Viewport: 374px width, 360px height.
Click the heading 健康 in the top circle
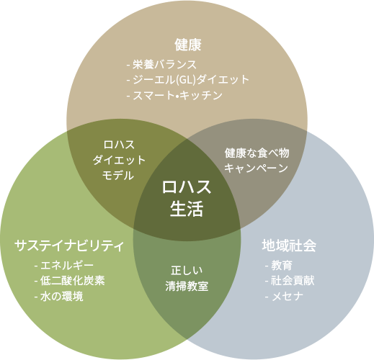click(188, 45)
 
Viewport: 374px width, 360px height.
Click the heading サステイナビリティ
click(69, 246)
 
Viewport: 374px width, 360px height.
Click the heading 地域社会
click(289, 246)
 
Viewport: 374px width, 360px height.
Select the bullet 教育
click(279, 266)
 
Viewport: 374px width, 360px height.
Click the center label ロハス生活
click(187, 198)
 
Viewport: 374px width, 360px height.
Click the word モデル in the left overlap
click(118, 176)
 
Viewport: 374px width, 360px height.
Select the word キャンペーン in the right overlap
click(256, 168)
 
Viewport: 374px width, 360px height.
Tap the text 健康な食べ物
click(257, 153)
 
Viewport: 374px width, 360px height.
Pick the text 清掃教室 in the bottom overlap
click(187, 286)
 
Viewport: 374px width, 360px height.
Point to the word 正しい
click(187, 271)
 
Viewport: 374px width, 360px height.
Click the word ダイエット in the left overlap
click(119, 160)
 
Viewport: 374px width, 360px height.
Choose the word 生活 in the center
click(187, 209)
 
